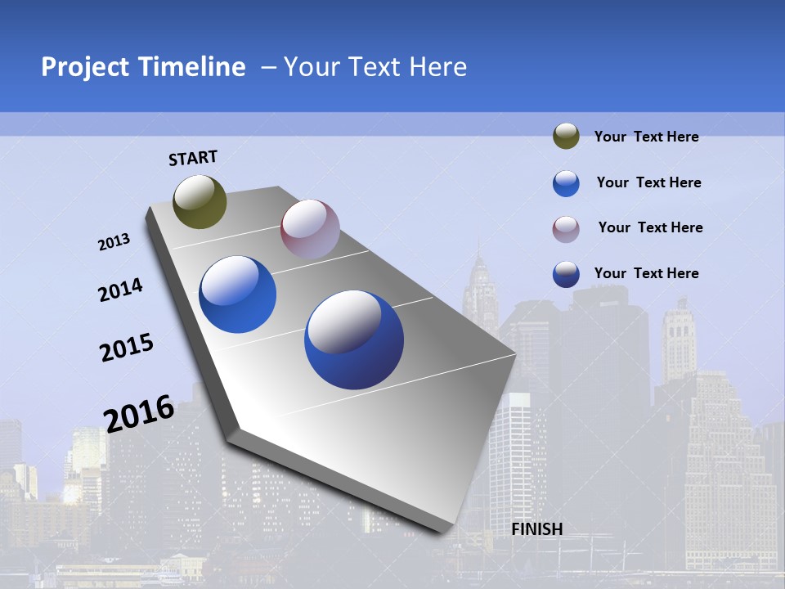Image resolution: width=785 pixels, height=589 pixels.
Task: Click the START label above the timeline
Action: [x=193, y=158]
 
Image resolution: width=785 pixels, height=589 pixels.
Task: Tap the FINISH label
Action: [x=537, y=529]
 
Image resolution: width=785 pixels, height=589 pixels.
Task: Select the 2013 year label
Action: [x=114, y=242]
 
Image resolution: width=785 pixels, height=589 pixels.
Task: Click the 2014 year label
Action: [x=120, y=290]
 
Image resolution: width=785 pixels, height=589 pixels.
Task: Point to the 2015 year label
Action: [x=127, y=348]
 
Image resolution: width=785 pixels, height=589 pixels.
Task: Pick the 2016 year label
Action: [x=139, y=413]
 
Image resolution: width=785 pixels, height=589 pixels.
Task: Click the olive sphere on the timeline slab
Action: [x=200, y=201]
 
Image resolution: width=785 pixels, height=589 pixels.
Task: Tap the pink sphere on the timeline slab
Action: [x=310, y=229]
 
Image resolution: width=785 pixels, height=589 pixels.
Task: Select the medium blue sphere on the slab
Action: [x=238, y=294]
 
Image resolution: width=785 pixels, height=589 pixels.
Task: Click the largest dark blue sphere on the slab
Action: [x=354, y=339]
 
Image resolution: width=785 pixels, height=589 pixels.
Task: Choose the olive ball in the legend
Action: [x=566, y=137]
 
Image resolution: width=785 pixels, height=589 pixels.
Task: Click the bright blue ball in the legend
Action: [x=566, y=183]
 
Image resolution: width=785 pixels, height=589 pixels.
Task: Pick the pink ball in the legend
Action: [x=566, y=228]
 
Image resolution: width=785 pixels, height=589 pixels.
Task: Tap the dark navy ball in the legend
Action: [x=566, y=274]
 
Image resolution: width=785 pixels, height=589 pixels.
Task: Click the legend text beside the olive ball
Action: [x=647, y=137]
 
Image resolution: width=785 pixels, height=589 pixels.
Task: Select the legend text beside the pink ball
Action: [x=650, y=227]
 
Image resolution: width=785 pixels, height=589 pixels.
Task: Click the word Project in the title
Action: [x=85, y=67]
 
